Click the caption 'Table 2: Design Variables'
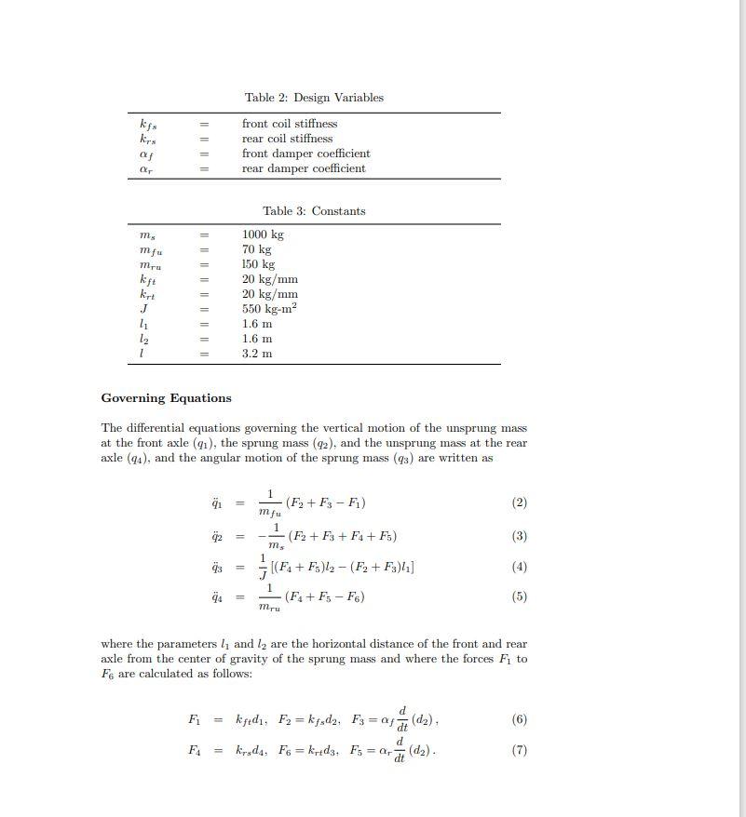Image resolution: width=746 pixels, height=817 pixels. pyautogui.click(x=314, y=98)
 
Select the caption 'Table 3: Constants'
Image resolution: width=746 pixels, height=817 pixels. pyautogui.click(x=314, y=211)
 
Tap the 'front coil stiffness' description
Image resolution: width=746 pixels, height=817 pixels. pyautogui.click(x=290, y=124)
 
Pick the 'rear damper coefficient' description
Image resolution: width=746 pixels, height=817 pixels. pyautogui.click(x=304, y=168)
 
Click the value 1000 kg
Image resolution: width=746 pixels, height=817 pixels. pyautogui.click(x=263, y=234)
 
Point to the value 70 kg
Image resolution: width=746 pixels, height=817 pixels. pyautogui.click(x=256, y=249)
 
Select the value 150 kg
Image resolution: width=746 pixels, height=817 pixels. pyautogui.click(x=258, y=264)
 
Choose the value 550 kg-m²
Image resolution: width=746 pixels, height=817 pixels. pyautogui.click(x=269, y=308)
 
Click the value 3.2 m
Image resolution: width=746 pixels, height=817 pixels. pyautogui.click(x=257, y=354)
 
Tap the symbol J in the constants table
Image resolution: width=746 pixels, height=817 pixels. pyautogui.click(x=143, y=308)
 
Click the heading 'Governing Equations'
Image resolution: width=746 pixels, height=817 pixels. pyautogui.click(x=166, y=398)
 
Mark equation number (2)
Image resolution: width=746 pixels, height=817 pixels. pyautogui.click(x=520, y=502)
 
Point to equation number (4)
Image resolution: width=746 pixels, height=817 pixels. pyautogui.click(x=520, y=567)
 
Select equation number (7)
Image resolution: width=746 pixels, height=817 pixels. pyautogui.click(x=520, y=751)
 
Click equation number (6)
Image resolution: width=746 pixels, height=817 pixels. pyautogui.click(x=520, y=719)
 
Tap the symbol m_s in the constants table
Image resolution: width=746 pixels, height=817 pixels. pyautogui.click(x=146, y=235)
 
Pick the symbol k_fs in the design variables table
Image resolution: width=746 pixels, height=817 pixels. pyautogui.click(x=147, y=125)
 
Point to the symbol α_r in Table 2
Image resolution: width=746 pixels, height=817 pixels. pyautogui.click(x=145, y=169)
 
